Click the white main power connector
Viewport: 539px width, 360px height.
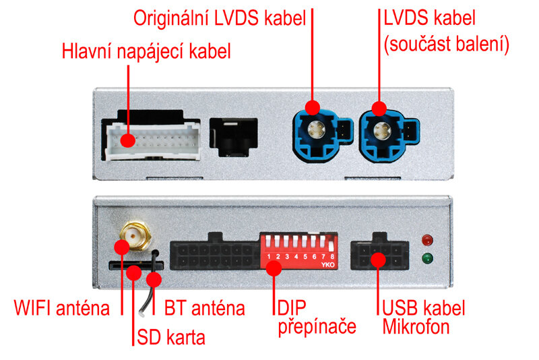pyautogui.click(x=152, y=139)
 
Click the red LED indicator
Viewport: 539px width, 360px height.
pyautogui.click(x=426, y=240)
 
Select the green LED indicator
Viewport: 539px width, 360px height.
pyautogui.click(x=426, y=258)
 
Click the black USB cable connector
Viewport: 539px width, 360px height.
pyautogui.click(x=379, y=253)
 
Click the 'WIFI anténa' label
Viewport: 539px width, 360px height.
pyautogui.click(x=62, y=309)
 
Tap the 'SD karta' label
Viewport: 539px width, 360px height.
pyautogui.click(x=170, y=335)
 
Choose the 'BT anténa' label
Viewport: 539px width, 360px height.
pyautogui.click(x=204, y=309)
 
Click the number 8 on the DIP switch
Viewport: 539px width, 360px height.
pyautogui.click(x=332, y=256)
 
